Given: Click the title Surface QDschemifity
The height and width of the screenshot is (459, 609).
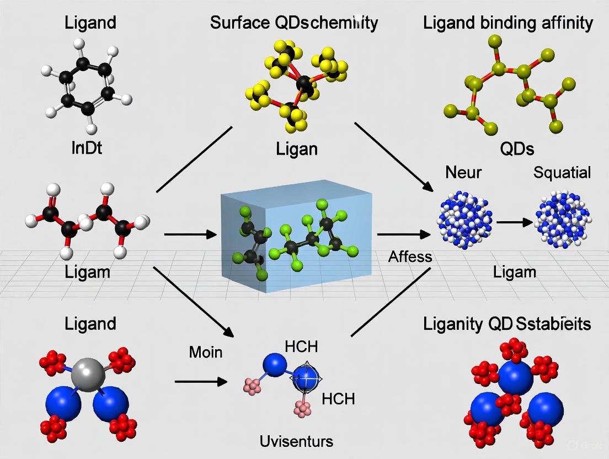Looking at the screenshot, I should click(x=293, y=23).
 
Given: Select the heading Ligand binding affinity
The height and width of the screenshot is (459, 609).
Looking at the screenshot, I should click(x=507, y=23).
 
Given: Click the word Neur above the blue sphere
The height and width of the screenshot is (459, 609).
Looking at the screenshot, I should click(x=463, y=172).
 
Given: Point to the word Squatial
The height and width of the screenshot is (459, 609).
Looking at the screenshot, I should click(x=562, y=172).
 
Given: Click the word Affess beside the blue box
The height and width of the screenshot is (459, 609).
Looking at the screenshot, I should click(x=410, y=256).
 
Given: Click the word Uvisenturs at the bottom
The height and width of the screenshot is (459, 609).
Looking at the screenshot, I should click(x=297, y=441).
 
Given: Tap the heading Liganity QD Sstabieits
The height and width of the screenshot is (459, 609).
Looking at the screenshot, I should click(x=507, y=323).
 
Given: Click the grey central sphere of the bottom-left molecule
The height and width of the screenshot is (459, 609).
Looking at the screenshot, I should click(x=88, y=375).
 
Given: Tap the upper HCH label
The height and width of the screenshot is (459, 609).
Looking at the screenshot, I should click(x=301, y=347).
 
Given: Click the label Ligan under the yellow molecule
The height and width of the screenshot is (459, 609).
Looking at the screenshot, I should click(x=297, y=148).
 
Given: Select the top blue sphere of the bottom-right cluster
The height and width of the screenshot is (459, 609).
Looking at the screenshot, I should click(x=515, y=375).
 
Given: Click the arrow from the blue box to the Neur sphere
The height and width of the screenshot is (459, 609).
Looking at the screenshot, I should click(x=403, y=234).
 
